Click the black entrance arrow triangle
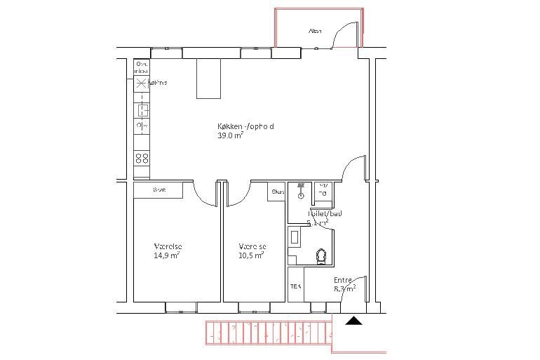point(355,321)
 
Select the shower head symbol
point(299,188)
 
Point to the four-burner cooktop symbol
point(142,158)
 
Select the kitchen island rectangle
point(208,79)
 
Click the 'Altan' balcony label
point(315,31)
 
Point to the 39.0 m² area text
point(231,136)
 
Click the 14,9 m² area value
point(167,255)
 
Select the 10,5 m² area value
point(251,255)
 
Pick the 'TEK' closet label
point(296,287)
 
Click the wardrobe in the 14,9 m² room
point(158,190)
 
